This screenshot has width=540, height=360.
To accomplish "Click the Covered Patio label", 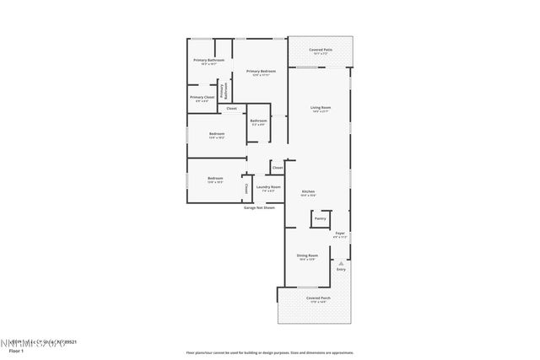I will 320,51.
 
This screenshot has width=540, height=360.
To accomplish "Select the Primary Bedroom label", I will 261,73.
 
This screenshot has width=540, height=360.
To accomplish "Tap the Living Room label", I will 320,109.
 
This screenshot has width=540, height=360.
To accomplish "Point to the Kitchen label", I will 308,192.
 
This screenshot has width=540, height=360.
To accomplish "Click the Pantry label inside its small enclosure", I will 320,218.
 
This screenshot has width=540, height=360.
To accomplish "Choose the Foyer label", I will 340,234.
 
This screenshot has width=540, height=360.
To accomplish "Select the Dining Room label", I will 307,256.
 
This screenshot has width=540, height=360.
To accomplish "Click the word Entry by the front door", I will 341,269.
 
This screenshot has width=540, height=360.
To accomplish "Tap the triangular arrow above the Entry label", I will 341,262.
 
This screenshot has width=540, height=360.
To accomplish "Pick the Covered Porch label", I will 318,299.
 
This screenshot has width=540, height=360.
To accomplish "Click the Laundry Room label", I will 267,187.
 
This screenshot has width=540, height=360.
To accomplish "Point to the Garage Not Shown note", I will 259,207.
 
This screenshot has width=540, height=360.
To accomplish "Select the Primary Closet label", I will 202,98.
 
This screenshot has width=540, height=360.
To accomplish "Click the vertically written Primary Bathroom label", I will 222,91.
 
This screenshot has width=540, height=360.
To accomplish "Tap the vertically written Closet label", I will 246,188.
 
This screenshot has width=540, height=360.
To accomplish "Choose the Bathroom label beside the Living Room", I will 258,121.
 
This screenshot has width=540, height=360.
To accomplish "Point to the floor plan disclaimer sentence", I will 269,352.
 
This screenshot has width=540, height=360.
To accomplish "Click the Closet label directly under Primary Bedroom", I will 231,108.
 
